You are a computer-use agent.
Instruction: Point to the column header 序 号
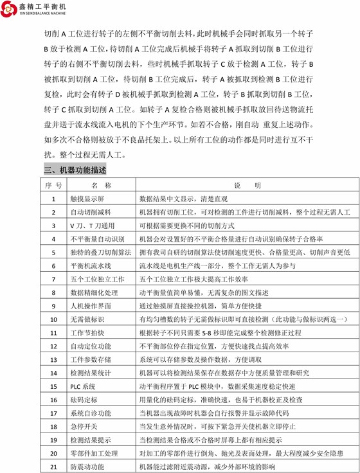point(53,186)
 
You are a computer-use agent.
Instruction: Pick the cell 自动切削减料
point(89,212)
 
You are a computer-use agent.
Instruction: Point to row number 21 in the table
point(53,466)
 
